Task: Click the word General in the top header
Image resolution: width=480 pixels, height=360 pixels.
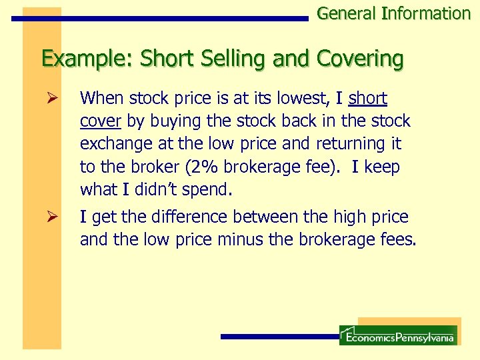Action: [346, 13]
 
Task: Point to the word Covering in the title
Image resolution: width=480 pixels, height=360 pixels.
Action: [360, 59]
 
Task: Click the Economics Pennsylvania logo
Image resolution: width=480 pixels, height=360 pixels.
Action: [398, 335]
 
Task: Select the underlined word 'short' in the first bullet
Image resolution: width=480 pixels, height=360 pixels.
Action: [367, 99]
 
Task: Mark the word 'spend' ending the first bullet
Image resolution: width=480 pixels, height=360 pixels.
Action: [206, 190]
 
